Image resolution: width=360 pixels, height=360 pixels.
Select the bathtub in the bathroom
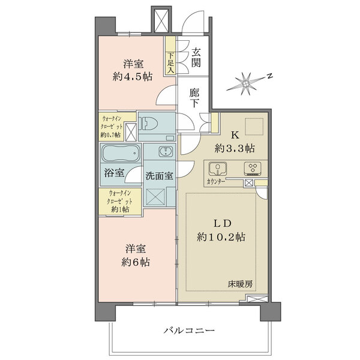121,155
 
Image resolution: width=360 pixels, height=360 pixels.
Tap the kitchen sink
217,167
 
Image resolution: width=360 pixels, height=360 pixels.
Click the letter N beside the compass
271,76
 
